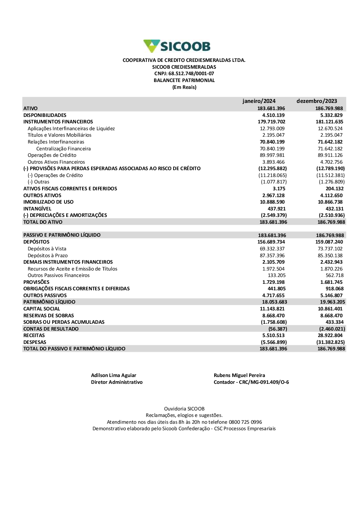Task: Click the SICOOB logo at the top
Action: tap(177, 46)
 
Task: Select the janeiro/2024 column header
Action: tap(259, 101)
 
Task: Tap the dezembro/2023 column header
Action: tap(317, 101)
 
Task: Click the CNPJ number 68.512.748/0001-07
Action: tap(191, 74)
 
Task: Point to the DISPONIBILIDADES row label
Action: tap(45, 115)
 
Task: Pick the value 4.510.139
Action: tap(273, 115)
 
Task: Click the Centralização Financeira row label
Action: tap(63, 149)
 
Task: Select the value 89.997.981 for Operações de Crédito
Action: tap(272, 155)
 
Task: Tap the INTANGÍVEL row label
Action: tap(37, 209)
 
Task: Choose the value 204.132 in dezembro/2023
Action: tap(334, 188)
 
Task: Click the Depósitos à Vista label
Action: tap(47, 249)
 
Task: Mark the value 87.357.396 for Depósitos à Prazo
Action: tap(272, 255)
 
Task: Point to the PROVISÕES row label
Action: tap(36, 282)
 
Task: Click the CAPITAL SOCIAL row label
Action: tap(42, 309)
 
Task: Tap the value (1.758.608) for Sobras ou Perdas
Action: tap(274, 322)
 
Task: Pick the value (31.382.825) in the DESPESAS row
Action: tap(330, 342)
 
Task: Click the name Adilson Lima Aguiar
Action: tap(113, 375)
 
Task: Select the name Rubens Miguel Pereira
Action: tap(239, 375)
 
